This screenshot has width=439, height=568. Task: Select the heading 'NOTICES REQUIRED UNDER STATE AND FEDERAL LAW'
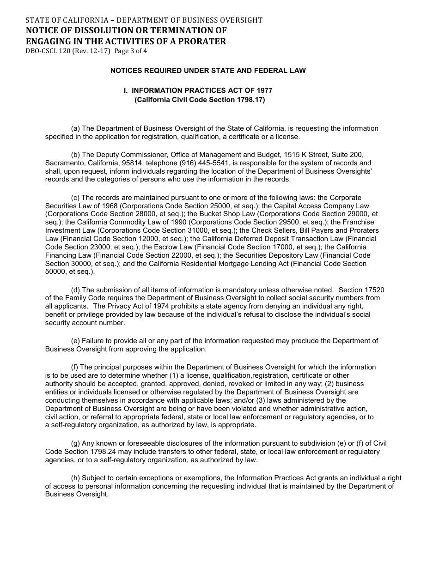click(207, 71)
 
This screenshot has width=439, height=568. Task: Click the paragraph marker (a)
click(75, 128)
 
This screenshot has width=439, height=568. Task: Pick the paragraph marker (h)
click(75, 478)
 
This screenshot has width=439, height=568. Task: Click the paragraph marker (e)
click(75, 341)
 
